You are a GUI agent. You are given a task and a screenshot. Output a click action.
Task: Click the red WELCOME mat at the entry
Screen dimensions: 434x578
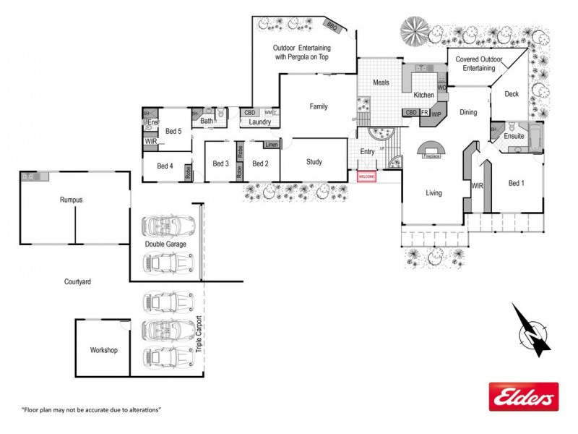click(x=367, y=176)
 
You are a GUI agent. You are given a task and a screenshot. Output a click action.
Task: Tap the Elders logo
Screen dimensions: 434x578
click(x=523, y=396)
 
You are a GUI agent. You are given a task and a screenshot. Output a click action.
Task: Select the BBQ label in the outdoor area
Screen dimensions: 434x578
click(x=332, y=26)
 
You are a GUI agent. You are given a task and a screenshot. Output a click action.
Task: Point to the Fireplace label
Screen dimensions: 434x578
click(x=432, y=156)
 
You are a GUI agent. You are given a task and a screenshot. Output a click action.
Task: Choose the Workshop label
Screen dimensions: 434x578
click(x=103, y=350)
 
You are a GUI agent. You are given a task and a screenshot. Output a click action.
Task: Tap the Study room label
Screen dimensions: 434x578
click(x=314, y=162)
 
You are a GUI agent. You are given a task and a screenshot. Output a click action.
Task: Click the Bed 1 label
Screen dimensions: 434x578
click(x=516, y=183)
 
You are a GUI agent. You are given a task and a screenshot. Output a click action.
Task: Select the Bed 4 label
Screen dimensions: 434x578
click(x=165, y=166)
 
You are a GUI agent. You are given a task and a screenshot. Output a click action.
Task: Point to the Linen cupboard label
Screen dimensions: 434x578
click(x=271, y=145)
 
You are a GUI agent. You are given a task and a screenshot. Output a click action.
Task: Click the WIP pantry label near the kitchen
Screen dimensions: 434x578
click(x=436, y=114)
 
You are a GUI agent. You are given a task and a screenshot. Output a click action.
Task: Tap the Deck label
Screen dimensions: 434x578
click(x=512, y=94)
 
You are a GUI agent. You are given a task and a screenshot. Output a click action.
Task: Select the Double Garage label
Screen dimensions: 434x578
click(x=165, y=244)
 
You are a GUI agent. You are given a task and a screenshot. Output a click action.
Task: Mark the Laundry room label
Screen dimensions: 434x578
click(x=259, y=122)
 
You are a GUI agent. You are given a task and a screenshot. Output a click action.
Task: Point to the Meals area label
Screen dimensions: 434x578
click(x=381, y=82)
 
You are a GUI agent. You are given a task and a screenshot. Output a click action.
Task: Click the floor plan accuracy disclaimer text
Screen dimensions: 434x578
click(x=91, y=410)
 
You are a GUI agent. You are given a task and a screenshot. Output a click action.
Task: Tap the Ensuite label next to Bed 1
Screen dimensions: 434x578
click(x=514, y=135)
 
